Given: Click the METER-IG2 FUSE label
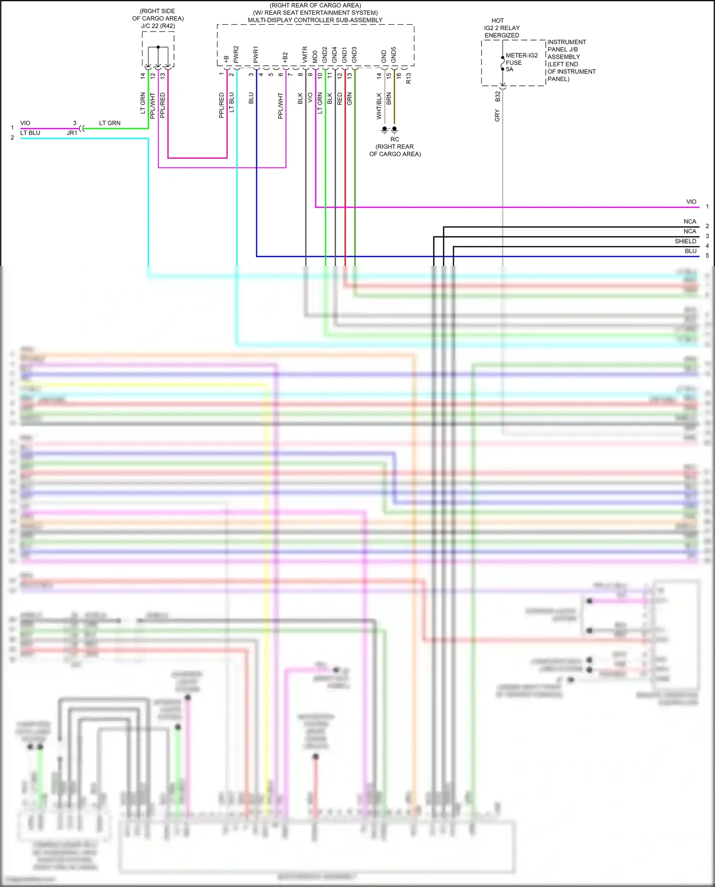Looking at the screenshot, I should (521, 59).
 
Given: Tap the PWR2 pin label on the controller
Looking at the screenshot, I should (236, 54).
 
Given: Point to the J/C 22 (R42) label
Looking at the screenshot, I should (158, 26).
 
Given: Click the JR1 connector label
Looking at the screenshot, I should (72, 133).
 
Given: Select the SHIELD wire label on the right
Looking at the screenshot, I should (685, 241).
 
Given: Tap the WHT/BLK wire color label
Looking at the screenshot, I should (379, 106).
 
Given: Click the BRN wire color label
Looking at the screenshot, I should (389, 99).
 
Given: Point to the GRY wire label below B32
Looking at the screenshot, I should (497, 115).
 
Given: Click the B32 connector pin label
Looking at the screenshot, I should (498, 97).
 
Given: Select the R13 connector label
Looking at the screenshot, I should (409, 79).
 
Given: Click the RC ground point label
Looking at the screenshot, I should (395, 139).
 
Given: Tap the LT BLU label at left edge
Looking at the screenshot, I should (30, 133).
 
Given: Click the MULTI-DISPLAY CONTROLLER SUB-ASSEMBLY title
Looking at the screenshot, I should (315, 20).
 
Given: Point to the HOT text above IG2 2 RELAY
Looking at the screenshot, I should (498, 20).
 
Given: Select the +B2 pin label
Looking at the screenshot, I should (285, 57).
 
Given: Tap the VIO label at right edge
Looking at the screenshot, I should (691, 202).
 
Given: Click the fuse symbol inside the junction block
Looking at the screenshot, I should (502, 63).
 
